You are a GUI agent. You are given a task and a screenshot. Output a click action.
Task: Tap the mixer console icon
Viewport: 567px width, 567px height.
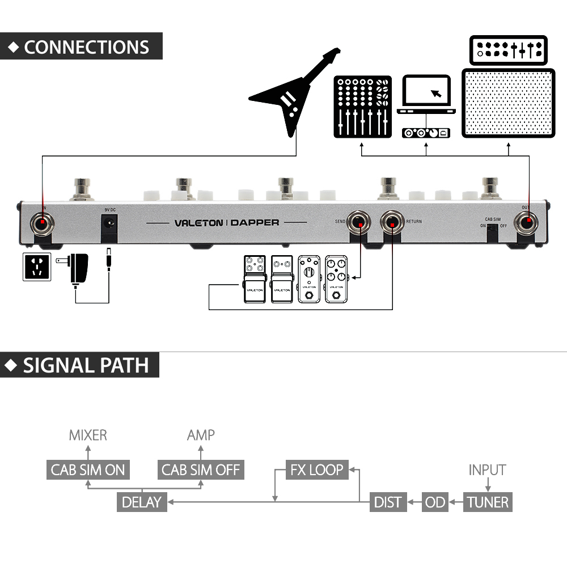click(x=362, y=106)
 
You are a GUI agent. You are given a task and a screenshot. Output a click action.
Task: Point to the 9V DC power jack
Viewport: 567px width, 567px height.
click(x=109, y=226)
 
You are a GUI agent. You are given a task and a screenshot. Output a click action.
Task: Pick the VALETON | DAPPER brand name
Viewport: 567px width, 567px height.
click(x=226, y=223)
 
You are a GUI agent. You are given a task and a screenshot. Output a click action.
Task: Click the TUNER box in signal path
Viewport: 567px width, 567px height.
click(x=488, y=502)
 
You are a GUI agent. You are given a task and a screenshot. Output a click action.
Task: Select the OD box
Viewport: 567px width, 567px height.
click(x=435, y=502)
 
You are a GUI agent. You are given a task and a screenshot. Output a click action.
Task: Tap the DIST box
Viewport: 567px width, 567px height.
click(x=388, y=502)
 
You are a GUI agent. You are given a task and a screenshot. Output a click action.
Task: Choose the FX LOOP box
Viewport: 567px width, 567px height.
click(x=317, y=470)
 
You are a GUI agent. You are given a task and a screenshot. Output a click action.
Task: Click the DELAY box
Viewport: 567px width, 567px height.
click(x=142, y=502)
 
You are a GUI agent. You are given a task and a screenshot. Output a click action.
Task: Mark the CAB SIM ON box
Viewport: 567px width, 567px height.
click(x=88, y=470)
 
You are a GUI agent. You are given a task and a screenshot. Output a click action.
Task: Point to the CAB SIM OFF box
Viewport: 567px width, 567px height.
click(x=201, y=470)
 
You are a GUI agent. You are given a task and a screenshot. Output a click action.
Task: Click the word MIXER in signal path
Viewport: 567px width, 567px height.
click(x=88, y=435)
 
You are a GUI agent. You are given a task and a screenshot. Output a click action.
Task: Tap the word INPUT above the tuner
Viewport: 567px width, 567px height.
click(x=487, y=470)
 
